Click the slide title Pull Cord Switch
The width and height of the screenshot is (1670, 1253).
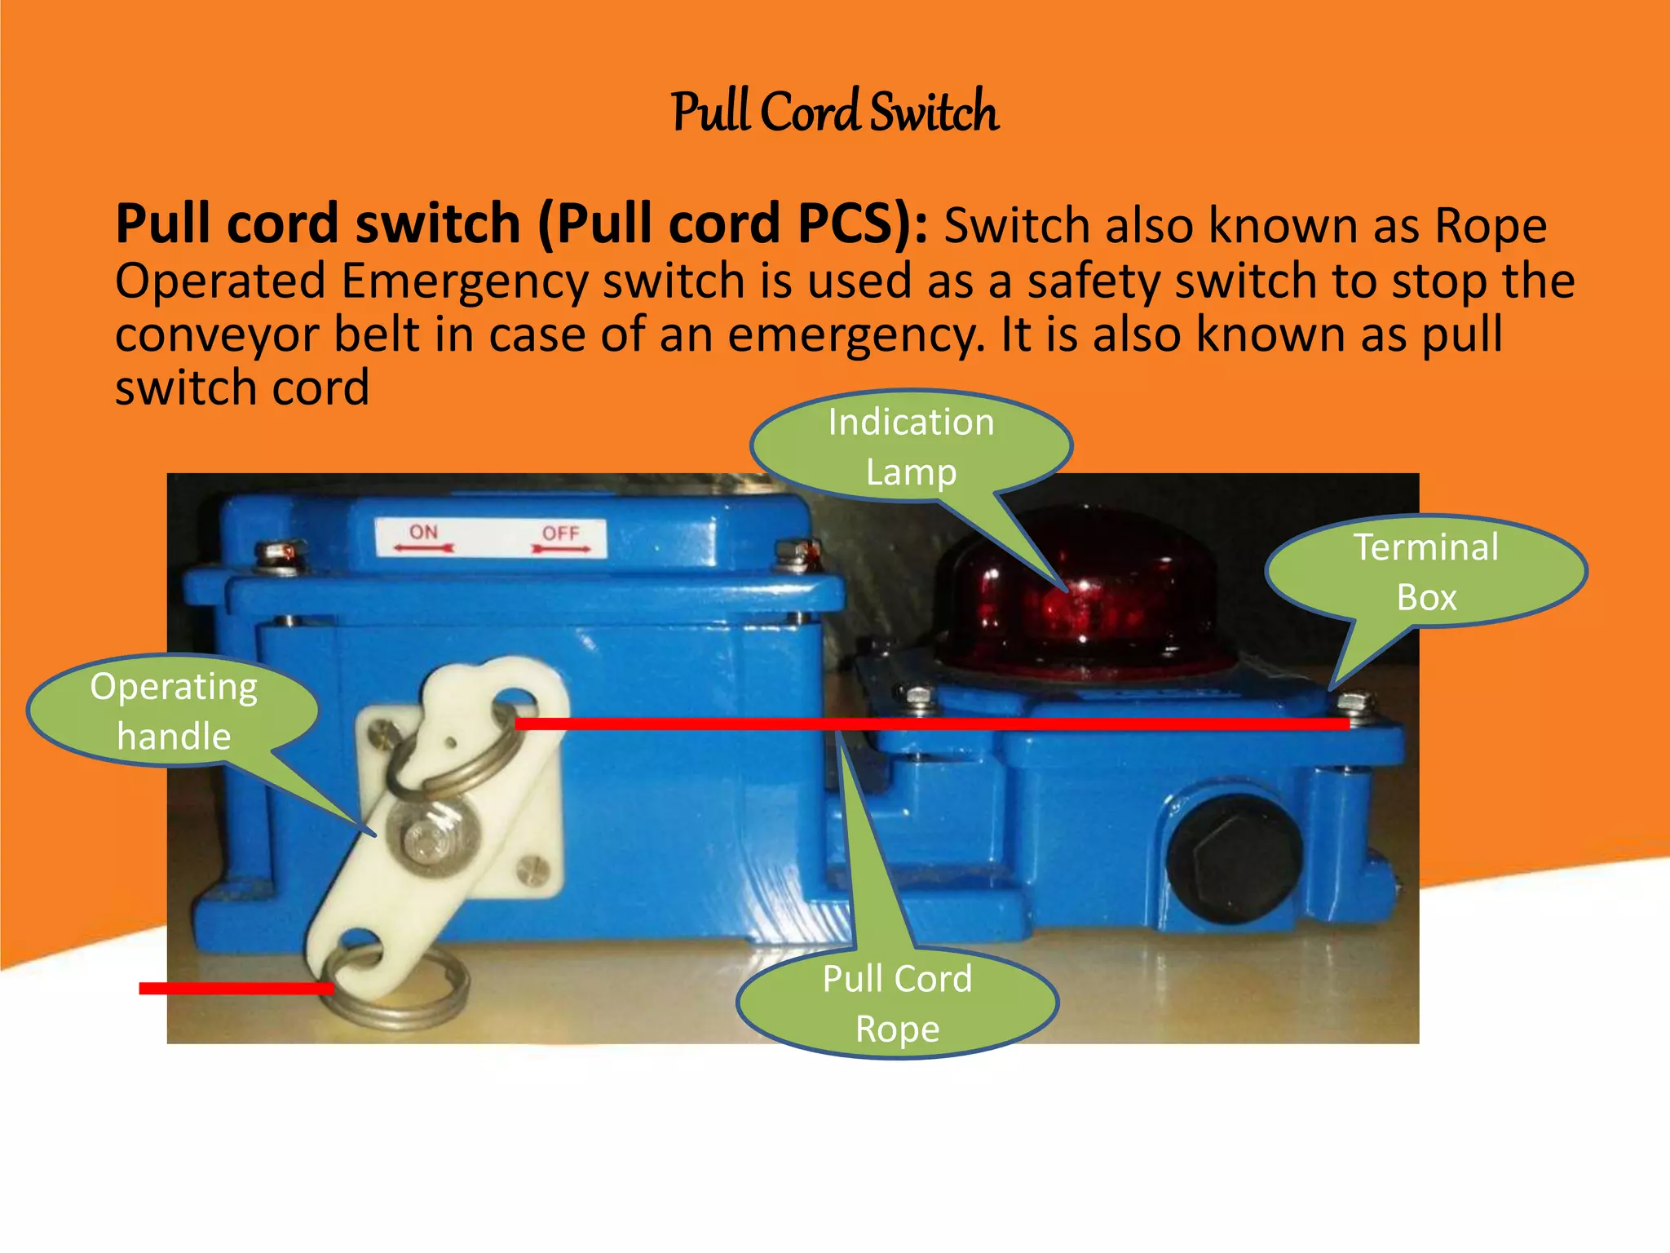[835, 113]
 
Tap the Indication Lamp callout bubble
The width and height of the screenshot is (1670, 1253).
[911, 447]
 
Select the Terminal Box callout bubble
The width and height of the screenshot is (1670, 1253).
[1426, 572]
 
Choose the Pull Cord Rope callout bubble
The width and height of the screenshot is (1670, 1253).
[897, 1003]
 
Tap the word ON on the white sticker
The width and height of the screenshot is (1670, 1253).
[423, 533]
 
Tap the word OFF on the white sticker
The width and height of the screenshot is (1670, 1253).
[561, 534]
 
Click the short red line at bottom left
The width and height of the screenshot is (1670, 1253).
[236, 989]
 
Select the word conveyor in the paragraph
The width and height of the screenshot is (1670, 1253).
[217, 336]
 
